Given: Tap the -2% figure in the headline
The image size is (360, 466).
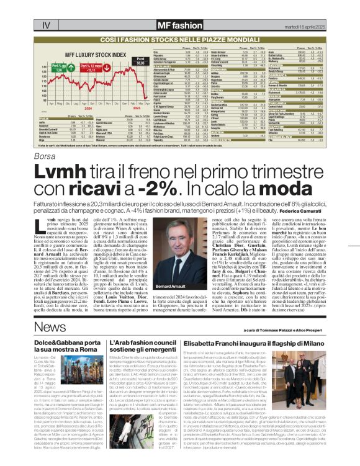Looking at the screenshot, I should click(x=159, y=172).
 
